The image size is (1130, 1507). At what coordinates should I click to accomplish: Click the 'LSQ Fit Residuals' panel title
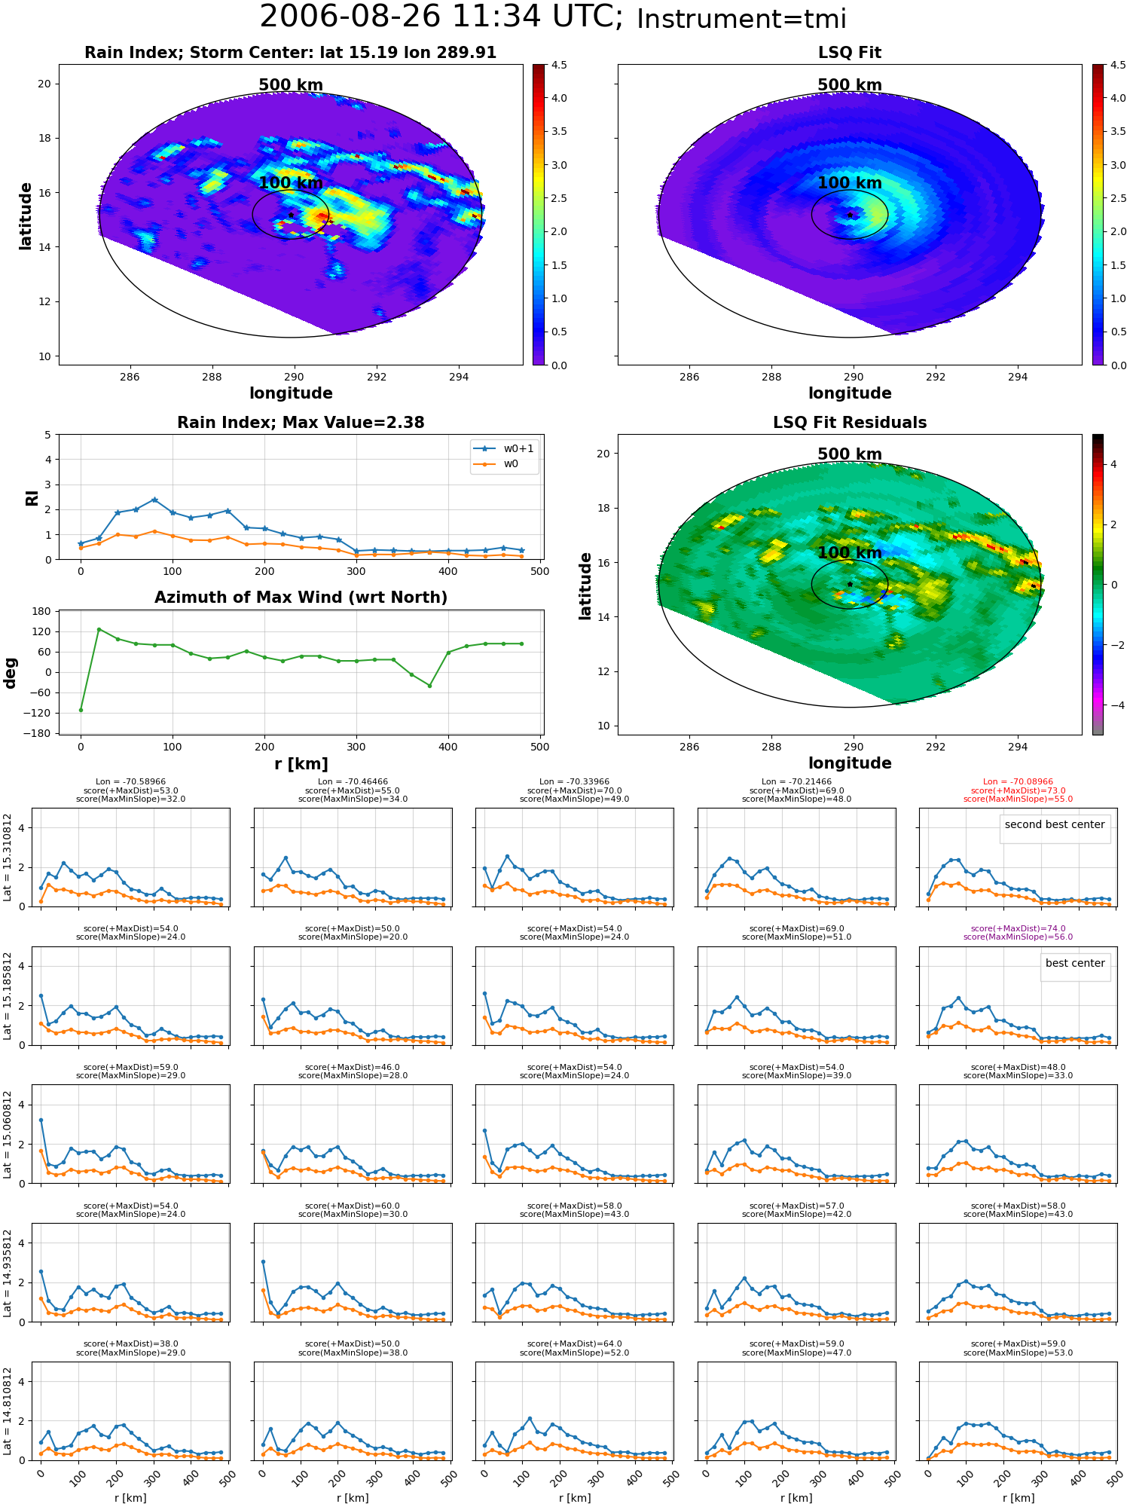click(850, 423)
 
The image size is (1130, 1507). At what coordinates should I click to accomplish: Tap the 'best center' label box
click(1075, 963)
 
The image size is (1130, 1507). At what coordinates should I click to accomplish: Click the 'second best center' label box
click(1055, 824)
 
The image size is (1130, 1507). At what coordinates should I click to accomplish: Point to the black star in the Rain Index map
click(291, 215)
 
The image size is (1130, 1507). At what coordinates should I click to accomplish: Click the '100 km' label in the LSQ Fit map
click(850, 183)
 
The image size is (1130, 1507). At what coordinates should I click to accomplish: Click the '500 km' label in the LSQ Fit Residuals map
click(850, 454)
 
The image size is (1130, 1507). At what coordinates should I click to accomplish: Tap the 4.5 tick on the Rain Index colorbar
click(559, 65)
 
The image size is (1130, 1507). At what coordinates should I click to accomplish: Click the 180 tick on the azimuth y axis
click(41, 611)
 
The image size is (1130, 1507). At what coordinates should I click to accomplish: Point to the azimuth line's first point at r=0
click(81, 710)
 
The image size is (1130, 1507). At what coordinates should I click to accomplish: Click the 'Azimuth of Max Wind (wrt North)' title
click(301, 598)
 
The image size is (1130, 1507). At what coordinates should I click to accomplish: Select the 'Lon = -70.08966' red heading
click(1018, 782)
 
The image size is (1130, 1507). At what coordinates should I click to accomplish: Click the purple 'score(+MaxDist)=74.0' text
click(1018, 928)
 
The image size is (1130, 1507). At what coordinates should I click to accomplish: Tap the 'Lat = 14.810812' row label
click(8, 1412)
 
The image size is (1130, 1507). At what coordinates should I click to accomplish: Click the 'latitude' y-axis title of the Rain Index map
click(26, 216)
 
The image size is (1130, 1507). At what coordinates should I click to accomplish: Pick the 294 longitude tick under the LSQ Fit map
click(1018, 377)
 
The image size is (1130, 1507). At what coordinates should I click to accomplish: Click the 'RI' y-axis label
click(32, 498)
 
